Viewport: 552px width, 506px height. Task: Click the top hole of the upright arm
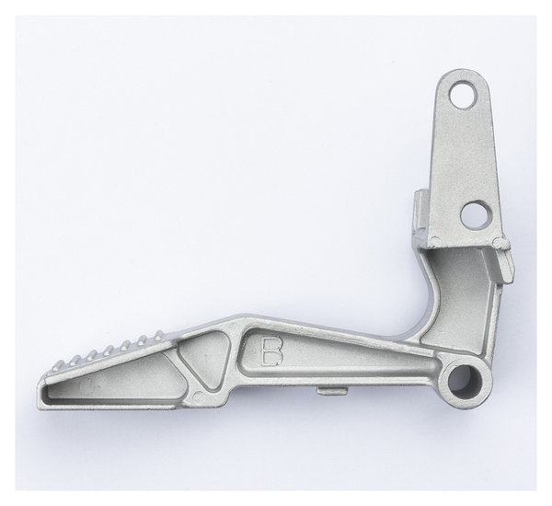tap(461, 91)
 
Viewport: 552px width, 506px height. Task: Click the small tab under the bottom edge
tap(332, 391)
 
